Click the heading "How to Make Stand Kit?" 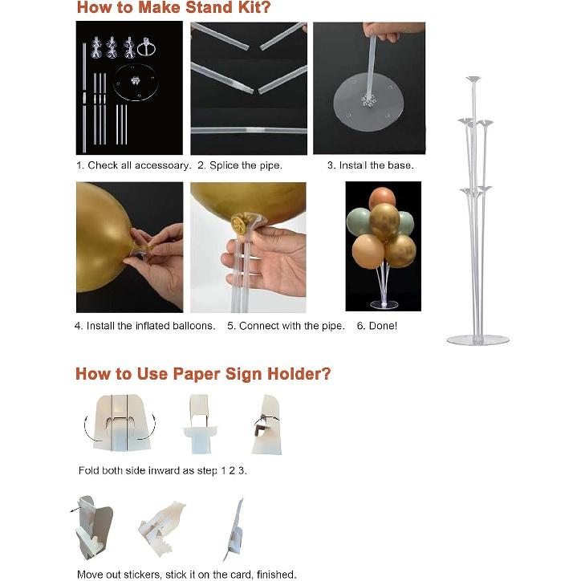click(174, 7)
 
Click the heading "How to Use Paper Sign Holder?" click(203, 374)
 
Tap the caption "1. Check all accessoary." click(134, 165)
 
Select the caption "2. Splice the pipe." click(240, 165)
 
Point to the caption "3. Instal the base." click(370, 165)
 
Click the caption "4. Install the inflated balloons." click(145, 326)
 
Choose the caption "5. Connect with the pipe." click(286, 326)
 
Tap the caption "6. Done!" click(377, 326)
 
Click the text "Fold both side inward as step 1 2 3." click(163, 470)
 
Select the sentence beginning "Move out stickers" click(187, 575)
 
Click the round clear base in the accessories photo click(136, 83)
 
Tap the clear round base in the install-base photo click(368, 103)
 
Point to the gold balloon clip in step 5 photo click(238, 223)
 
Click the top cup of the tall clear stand click(473, 79)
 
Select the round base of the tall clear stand click(478, 339)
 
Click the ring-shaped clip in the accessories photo click(146, 48)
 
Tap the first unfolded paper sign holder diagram click(121, 423)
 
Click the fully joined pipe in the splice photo click(249, 130)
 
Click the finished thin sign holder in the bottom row click(234, 530)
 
